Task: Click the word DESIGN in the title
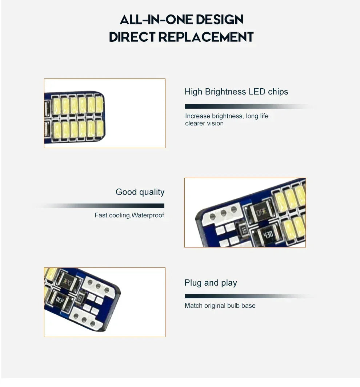point(219,20)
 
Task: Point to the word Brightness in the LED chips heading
point(225,92)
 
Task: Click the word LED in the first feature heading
point(257,92)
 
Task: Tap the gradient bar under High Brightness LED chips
point(247,106)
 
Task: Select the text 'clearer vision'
point(204,124)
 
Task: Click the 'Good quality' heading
point(140,192)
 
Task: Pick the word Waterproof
point(148,215)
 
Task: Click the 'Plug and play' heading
point(211,283)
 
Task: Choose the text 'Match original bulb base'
point(220,306)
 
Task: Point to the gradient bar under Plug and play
point(247,296)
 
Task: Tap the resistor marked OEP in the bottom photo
point(59,299)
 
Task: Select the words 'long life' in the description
point(257,116)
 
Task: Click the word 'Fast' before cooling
point(101,215)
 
